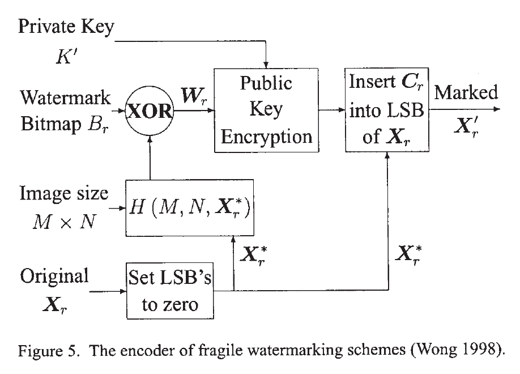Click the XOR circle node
149,112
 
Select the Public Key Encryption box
266,110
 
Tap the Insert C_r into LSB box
387,110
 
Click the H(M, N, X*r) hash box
190,208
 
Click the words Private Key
66,27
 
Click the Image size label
63,194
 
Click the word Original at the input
54,276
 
